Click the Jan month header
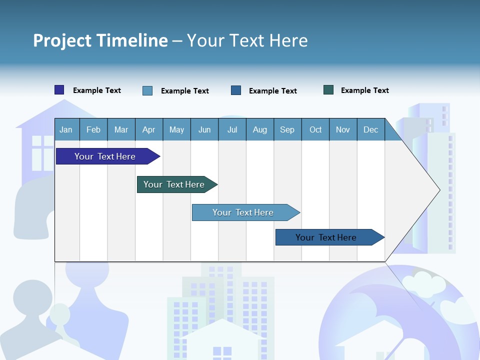(x=66, y=129)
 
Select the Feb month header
(x=93, y=129)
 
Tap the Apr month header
(x=148, y=129)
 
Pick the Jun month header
(x=204, y=129)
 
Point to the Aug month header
(x=259, y=129)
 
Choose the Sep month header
(x=287, y=129)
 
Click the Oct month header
(x=315, y=129)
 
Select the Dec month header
(x=370, y=129)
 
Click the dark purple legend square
(x=59, y=90)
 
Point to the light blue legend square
(x=147, y=90)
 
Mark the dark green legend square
(x=328, y=90)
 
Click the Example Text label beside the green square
(x=364, y=90)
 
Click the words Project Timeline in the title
(x=100, y=40)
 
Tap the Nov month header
(x=343, y=129)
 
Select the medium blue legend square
(x=236, y=90)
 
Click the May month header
(x=176, y=129)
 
